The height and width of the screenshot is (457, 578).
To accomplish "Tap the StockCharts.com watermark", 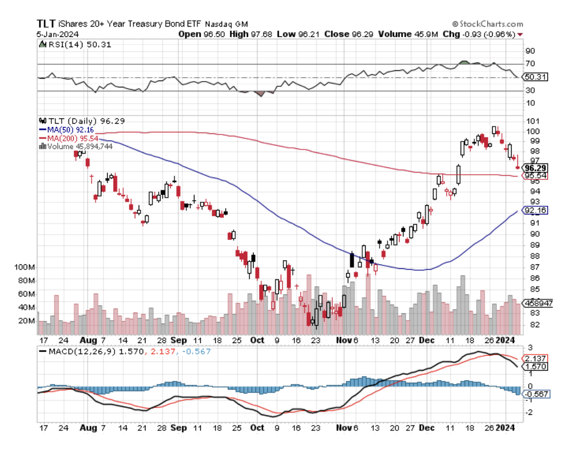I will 488,24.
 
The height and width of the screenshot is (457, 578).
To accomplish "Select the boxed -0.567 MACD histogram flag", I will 535,393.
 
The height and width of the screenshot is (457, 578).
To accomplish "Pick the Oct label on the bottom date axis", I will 257,340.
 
